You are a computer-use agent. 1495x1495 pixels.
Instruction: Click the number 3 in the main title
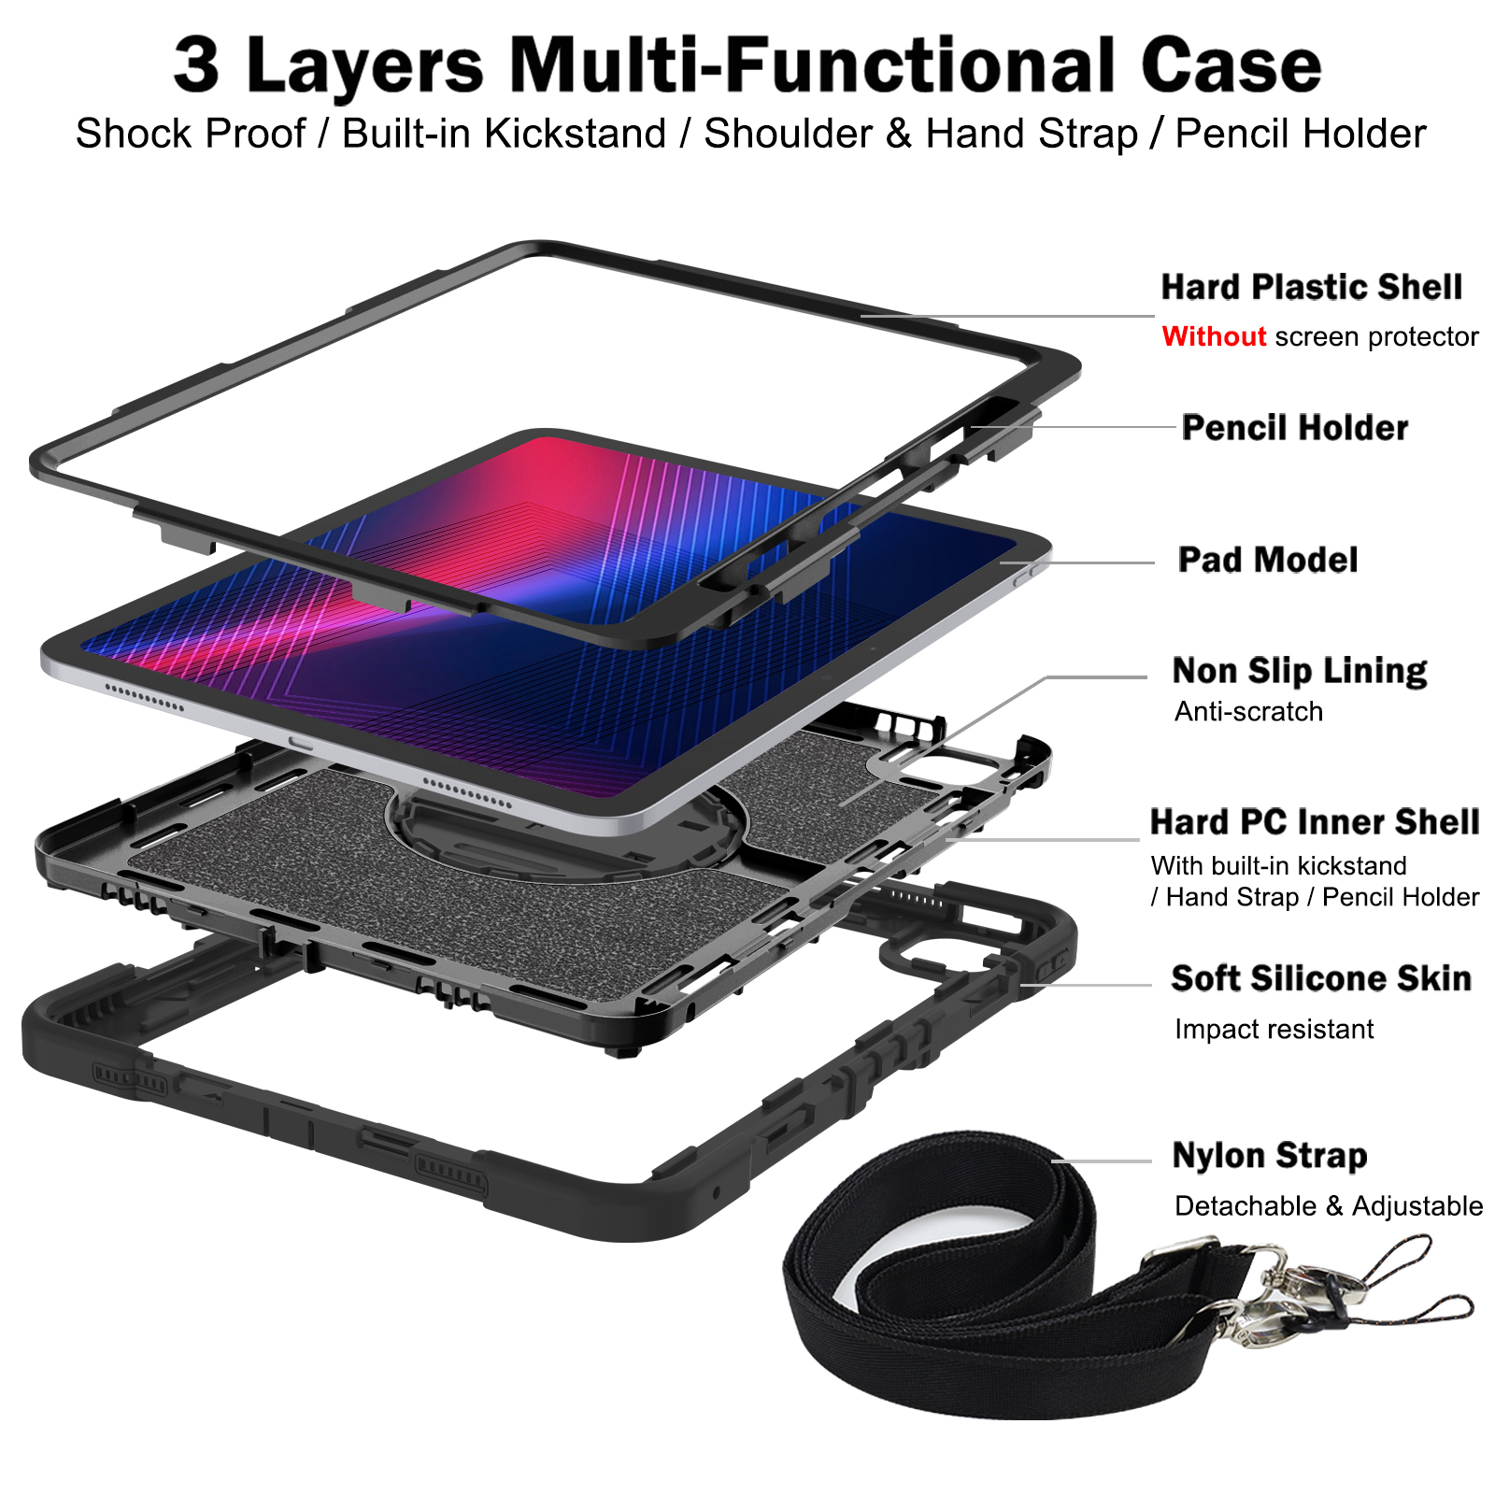(x=197, y=64)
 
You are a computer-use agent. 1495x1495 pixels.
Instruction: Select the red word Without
(x=1214, y=336)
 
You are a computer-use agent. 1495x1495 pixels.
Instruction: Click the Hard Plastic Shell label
(x=1311, y=287)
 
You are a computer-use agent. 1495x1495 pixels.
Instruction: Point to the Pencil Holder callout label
(x=1294, y=427)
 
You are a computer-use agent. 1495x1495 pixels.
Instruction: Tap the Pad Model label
(x=1268, y=560)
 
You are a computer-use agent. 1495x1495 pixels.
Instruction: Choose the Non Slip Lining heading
(x=1300, y=671)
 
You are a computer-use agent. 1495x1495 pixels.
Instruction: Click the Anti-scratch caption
(x=1248, y=712)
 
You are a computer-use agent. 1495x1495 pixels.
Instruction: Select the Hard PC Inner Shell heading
(x=1315, y=822)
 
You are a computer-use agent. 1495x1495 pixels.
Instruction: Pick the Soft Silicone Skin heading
(x=1321, y=978)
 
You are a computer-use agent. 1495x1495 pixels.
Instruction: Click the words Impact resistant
(x=1274, y=1030)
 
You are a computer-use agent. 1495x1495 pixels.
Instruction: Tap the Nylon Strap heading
(x=1270, y=1156)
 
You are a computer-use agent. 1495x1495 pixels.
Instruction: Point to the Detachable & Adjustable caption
(x=1329, y=1206)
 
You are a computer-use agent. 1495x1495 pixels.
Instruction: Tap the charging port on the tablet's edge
(x=301, y=743)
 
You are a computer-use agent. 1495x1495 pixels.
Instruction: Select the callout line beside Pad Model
(x=1077, y=562)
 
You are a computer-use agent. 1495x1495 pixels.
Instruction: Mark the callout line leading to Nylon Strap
(x=1102, y=1161)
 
